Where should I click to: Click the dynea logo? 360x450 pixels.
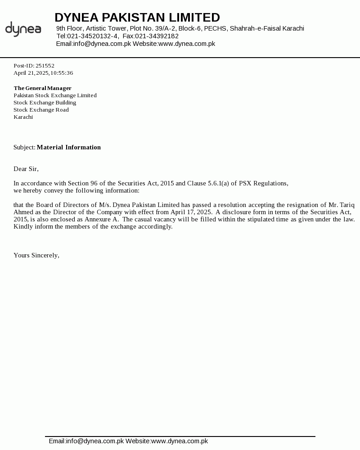23,29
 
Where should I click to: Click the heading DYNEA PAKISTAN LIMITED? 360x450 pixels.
137,18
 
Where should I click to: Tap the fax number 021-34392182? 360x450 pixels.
157,36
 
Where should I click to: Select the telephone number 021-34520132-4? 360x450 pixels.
93,36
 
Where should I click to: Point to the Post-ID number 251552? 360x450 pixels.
45,66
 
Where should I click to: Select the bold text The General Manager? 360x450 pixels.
43,88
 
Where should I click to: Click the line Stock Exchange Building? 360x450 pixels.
45,103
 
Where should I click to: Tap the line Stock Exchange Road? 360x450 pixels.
41,110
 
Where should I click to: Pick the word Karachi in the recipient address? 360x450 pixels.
23,117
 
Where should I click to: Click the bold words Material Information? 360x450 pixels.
69,147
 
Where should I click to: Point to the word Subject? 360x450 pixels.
24,147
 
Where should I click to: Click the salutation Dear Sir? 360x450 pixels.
26,169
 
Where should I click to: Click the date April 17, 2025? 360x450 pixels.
191,212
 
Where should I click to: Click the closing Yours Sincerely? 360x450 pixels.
36,255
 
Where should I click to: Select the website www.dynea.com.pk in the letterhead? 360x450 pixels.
187,44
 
